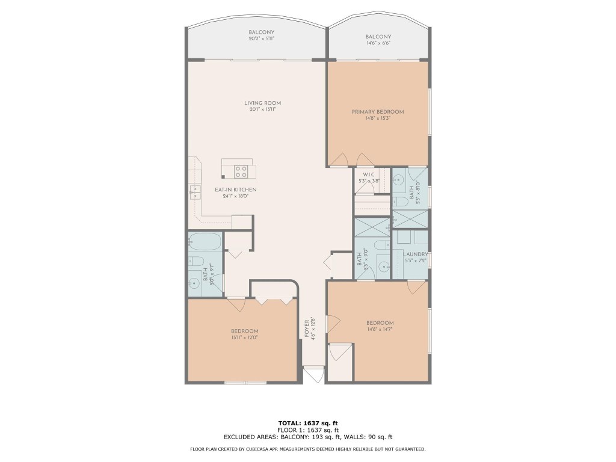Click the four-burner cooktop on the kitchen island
(x=242, y=171)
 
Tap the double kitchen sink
(x=196, y=192)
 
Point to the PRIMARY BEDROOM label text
(x=378, y=112)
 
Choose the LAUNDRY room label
(x=414, y=254)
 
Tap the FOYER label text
(x=306, y=328)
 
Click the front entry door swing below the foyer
(x=313, y=375)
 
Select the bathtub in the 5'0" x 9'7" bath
(x=205, y=242)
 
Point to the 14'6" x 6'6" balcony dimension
(x=378, y=43)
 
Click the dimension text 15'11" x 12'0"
(x=245, y=338)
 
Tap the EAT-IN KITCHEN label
(x=236, y=189)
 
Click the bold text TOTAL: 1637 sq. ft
(x=307, y=423)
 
